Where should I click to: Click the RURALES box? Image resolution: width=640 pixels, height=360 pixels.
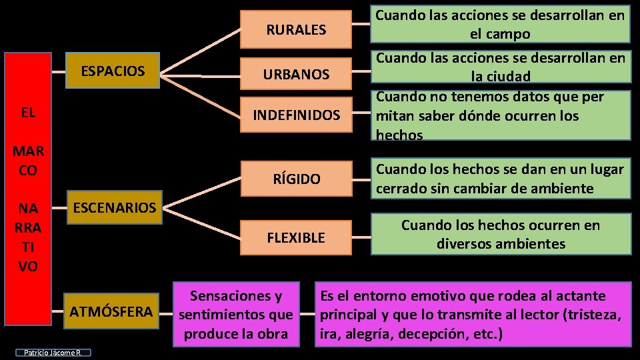click(x=296, y=29)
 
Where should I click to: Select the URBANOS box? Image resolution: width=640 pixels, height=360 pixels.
click(x=296, y=74)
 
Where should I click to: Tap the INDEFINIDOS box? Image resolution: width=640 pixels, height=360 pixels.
click(x=296, y=116)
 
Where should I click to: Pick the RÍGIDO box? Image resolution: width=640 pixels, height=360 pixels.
click(x=296, y=179)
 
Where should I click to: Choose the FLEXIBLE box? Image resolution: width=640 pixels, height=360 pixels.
click(x=296, y=237)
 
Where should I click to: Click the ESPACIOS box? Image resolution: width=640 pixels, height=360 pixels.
click(x=113, y=71)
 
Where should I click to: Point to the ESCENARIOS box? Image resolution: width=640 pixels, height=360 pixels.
click(x=114, y=207)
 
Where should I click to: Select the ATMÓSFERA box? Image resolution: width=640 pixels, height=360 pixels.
click(x=111, y=311)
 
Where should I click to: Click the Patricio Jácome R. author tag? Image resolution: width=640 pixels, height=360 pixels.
click(x=52, y=353)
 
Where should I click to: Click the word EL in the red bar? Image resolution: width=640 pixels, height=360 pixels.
click(x=28, y=113)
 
